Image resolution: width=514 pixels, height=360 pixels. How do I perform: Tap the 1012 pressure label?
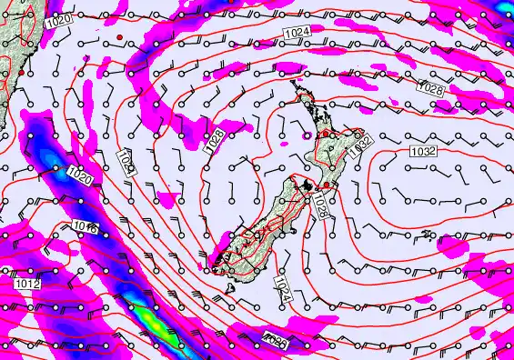coord(26,285)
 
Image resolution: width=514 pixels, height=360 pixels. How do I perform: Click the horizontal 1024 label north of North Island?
coord(295,34)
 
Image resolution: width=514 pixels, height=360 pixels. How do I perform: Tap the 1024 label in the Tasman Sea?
coord(126,165)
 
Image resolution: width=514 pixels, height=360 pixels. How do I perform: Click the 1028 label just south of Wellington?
coord(319,206)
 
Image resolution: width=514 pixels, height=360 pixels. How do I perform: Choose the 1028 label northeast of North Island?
coord(433,89)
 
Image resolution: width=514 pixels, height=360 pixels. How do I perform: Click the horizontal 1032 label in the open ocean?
coord(423,149)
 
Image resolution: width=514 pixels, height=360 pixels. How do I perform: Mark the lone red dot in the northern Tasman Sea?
coord(118,35)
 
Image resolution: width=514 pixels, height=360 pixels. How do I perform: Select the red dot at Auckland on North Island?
coord(326,134)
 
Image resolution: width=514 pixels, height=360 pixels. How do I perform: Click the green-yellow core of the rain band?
coord(146,317)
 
